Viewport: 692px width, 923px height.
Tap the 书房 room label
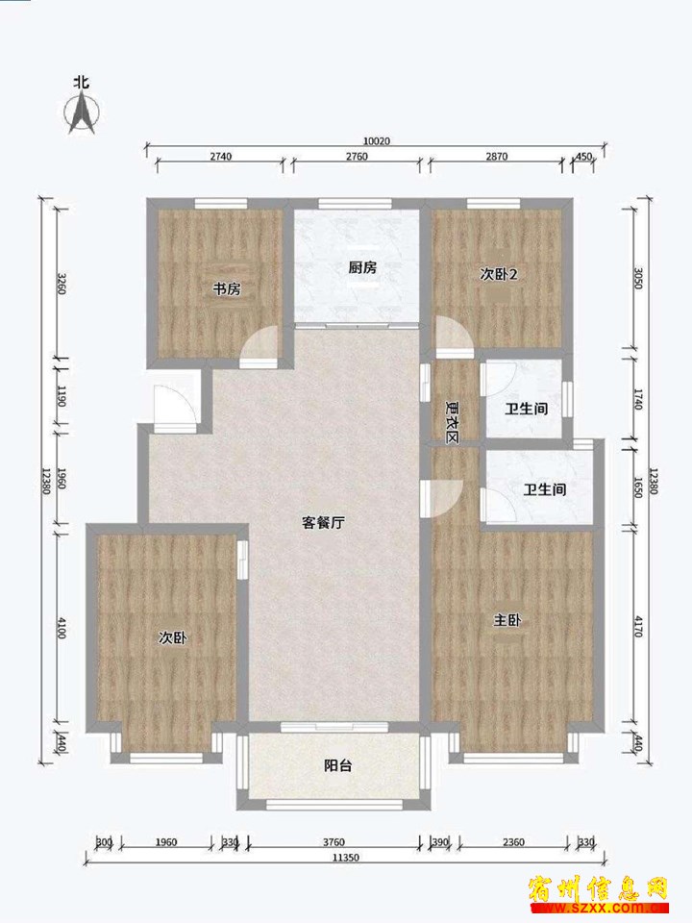[227, 289]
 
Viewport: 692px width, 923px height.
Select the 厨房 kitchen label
[362, 268]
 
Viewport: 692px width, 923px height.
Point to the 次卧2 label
[499, 274]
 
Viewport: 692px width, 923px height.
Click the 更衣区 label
[453, 422]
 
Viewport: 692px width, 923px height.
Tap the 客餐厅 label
[323, 523]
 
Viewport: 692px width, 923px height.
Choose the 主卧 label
[507, 620]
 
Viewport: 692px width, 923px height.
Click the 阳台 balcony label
[337, 765]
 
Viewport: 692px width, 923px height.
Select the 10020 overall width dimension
[377, 141]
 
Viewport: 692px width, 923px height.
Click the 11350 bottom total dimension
[345, 858]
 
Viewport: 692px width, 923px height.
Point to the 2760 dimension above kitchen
[357, 156]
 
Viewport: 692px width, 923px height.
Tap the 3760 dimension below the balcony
[334, 842]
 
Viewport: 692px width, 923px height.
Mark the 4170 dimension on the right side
[639, 625]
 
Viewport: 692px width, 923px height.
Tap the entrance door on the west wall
[172, 405]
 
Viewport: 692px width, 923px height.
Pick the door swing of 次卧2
[452, 335]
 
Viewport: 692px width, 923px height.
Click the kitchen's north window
[355, 204]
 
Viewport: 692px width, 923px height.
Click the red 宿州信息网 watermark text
[599, 888]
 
